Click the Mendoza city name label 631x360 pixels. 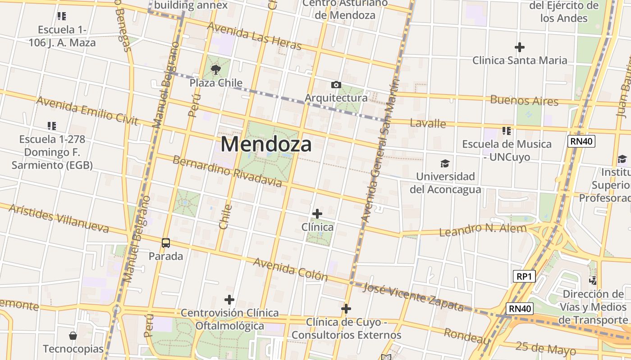coord(266,144)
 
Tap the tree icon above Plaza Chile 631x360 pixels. coord(216,69)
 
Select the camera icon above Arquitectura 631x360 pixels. coord(336,85)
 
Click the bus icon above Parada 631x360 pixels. coord(166,243)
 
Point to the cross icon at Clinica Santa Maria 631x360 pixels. coord(520,47)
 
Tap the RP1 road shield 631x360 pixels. coord(524,276)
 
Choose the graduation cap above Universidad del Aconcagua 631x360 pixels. coord(445,163)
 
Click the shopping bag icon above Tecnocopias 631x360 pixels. coord(73,336)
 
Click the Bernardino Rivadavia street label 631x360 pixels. coord(227,171)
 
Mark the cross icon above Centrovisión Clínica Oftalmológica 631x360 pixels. coord(229,300)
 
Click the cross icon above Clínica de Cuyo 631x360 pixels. coord(346,309)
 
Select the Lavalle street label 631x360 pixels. coord(428,123)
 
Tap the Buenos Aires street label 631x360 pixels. coord(524,100)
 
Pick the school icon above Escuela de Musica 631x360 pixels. coord(507,131)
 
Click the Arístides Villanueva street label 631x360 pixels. coord(59,218)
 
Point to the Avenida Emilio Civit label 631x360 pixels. coord(87,110)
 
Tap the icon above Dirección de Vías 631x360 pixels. coord(593,281)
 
